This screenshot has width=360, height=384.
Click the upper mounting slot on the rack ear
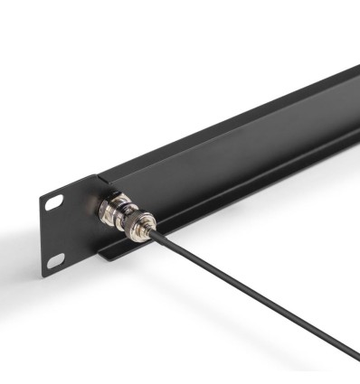[x=54, y=201]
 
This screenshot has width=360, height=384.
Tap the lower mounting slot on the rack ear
[x=55, y=260]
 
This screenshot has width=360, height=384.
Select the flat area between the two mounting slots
[x=56, y=230]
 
